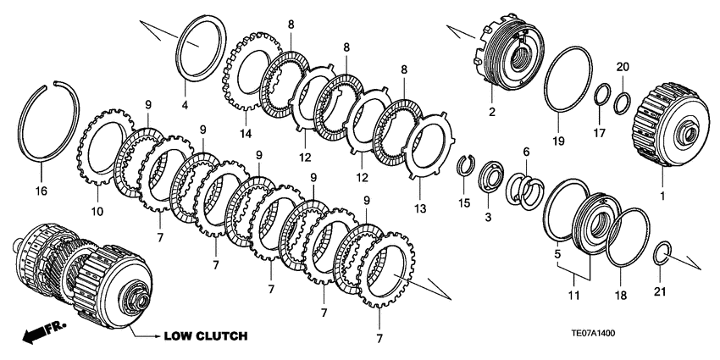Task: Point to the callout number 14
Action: pos(246,133)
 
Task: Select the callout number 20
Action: pos(622,66)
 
